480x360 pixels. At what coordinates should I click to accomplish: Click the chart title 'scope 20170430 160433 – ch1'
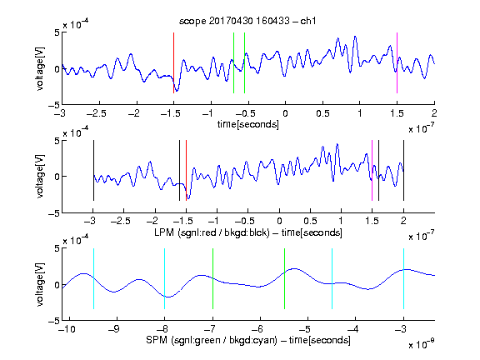[247, 21]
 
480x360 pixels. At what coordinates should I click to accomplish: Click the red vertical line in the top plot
[173, 62]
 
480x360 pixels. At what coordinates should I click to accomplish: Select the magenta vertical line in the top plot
[397, 62]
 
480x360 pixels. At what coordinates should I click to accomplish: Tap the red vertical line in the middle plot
[186, 171]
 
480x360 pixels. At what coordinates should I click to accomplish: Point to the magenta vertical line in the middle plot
[372, 171]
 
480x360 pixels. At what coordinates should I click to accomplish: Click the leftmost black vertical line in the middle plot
[93, 171]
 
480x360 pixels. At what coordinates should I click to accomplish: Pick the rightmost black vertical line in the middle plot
[403, 171]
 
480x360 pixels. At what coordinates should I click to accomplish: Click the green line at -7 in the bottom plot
[212, 278]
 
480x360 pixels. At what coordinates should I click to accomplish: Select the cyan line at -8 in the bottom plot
[165, 278]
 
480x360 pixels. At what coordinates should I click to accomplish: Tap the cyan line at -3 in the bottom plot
[403, 278]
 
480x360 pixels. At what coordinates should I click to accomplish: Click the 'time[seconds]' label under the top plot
[248, 124]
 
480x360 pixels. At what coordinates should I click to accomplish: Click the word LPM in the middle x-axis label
[164, 232]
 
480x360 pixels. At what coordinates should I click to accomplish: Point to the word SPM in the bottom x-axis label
[157, 340]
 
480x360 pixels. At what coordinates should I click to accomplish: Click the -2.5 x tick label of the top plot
[97, 113]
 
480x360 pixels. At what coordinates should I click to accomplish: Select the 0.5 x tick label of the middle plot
[310, 221]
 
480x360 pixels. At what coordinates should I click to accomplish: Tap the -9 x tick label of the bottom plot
[114, 329]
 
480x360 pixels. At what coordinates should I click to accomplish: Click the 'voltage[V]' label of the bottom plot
[40, 284]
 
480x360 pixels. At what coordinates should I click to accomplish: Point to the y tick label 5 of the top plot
[57, 32]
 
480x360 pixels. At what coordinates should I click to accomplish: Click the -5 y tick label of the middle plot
[54, 213]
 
